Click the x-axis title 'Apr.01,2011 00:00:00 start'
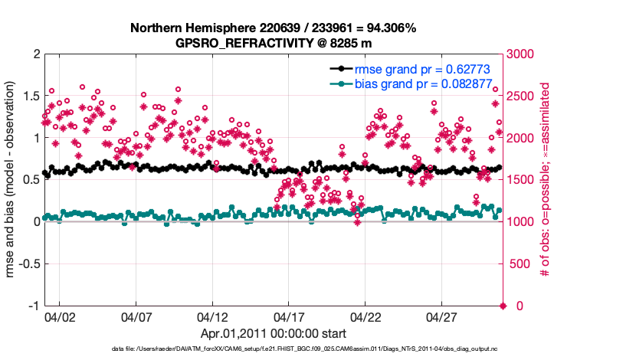(274, 333)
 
